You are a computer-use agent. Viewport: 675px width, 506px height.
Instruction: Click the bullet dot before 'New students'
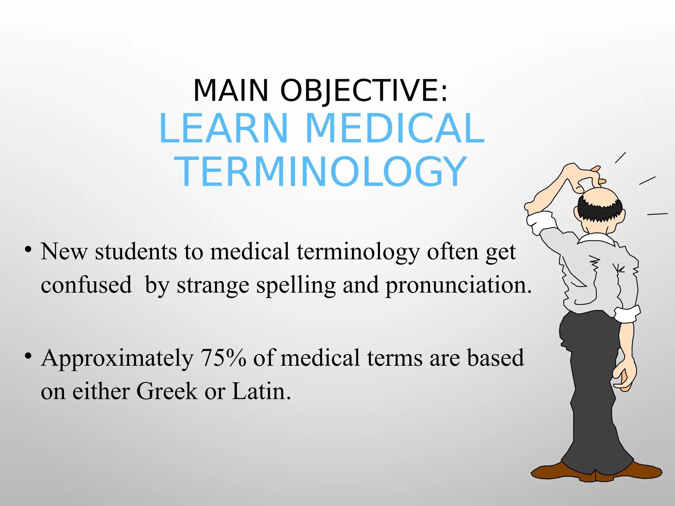coord(28,249)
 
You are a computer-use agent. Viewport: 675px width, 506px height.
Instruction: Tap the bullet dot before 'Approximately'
coord(28,356)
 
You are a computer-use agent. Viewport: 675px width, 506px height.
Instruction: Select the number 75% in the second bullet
coord(223,358)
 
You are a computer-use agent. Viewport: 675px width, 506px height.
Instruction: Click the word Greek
coord(167,392)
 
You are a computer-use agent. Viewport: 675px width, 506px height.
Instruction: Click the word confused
coord(86,285)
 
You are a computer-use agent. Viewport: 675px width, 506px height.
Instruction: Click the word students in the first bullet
coord(136,252)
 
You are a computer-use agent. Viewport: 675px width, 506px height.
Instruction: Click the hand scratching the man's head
coord(587,178)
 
